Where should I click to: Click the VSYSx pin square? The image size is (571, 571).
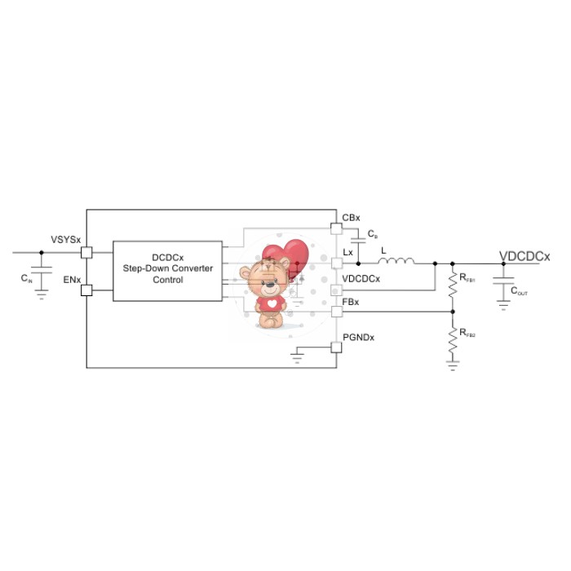point(86,252)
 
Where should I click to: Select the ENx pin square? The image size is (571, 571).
point(86,290)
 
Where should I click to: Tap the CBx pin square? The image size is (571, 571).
point(336,228)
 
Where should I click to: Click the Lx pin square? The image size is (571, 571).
point(337,263)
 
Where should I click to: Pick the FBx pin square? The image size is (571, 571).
point(337,312)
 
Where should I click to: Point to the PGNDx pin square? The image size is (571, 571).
point(336,347)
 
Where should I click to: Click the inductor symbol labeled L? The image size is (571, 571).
point(396,260)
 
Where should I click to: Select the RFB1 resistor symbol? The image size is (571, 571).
point(453,285)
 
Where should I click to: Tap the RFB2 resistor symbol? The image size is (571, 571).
point(453,340)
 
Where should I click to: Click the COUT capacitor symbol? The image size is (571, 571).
point(503,281)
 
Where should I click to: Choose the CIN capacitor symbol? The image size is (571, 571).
point(41,270)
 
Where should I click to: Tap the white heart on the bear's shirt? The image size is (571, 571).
point(272,303)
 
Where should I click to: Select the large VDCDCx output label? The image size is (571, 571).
point(525,256)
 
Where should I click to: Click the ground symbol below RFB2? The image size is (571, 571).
point(453,365)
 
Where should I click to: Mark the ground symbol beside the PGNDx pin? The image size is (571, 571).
point(297,358)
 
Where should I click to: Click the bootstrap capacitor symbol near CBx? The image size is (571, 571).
point(358,241)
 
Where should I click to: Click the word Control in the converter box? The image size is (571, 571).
point(167,280)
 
